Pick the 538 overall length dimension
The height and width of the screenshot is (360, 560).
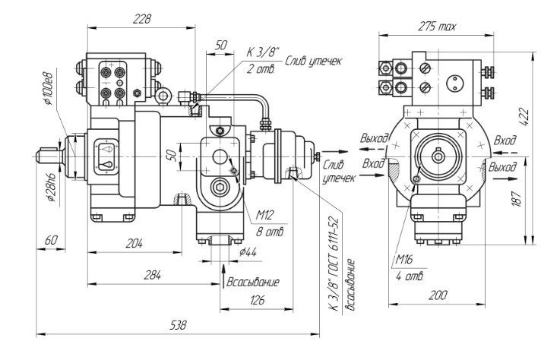coord(179,325)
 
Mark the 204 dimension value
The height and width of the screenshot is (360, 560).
coord(134,243)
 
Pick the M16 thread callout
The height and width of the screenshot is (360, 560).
coord(403,260)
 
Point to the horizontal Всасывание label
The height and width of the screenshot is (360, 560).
coord(254,282)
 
